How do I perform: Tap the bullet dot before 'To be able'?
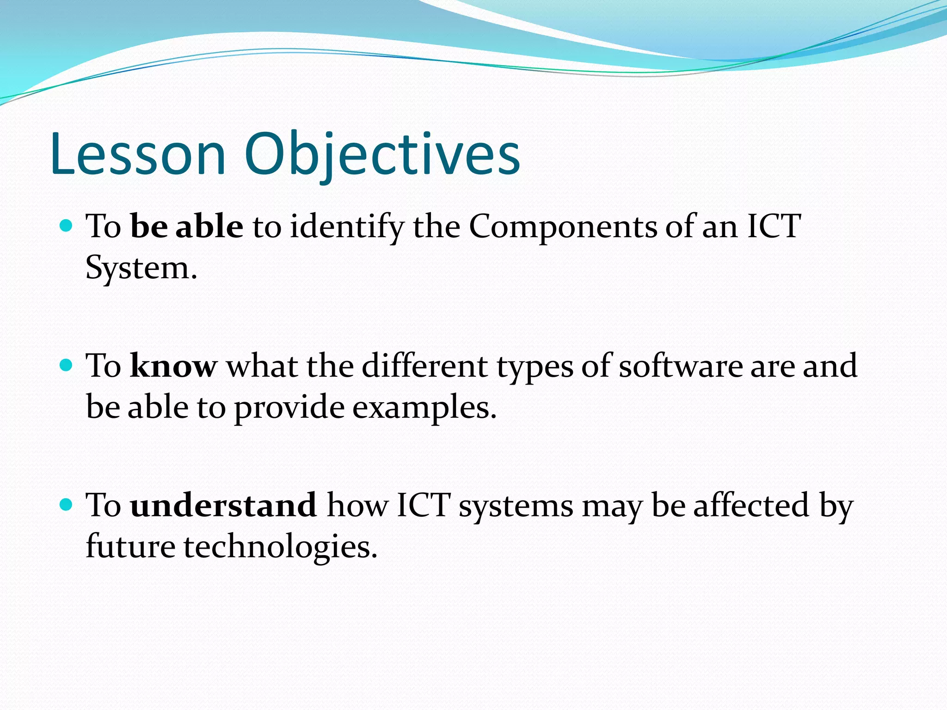pyautogui.click(x=67, y=226)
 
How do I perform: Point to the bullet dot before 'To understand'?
pyautogui.click(x=67, y=505)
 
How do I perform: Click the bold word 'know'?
pyautogui.click(x=173, y=366)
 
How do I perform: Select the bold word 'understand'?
pyautogui.click(x=223, y=505)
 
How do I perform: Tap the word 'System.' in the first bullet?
pyautogui.click(x=141, y=268)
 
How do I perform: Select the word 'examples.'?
pyautogui.click(x=424, y=408)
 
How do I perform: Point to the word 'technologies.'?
pyautogui.click(x=281, y=546)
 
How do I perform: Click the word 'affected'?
pyautogui.click(x=751, y=505)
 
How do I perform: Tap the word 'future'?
pyautogui.click(x=130, y=546)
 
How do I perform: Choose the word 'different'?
pyautogui.click(x=424, y=366)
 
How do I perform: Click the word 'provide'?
pyautogui.click(x=289, y=408)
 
